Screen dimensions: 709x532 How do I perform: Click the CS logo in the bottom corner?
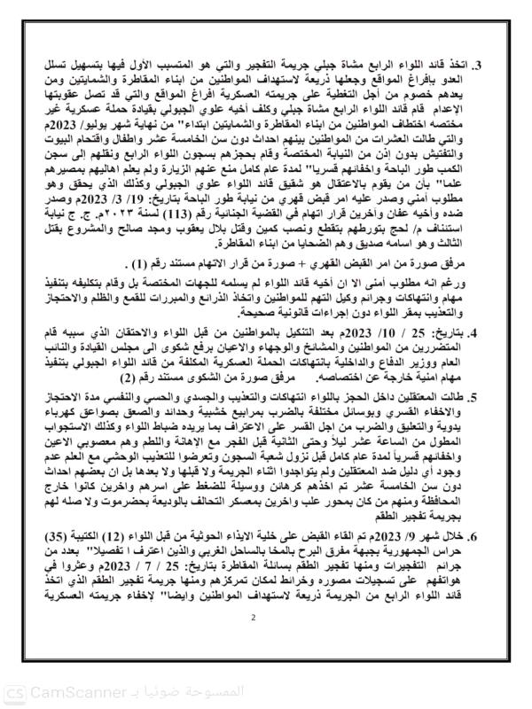tap(15, 690)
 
